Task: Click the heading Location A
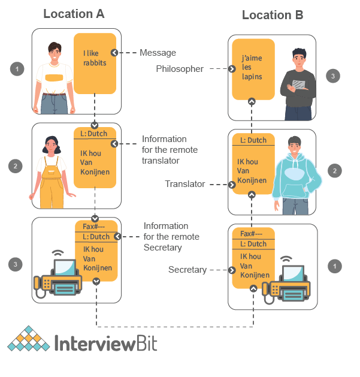tap(74, 13)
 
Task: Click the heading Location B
tap(273, 15)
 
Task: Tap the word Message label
tap(158, 53)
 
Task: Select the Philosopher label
tap(180, 69)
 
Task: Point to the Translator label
tap(185, 184)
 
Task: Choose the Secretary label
tap(187, 270)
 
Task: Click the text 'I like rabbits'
tap(95, 58)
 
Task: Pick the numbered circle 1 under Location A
tap(17, 70)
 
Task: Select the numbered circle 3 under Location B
tap(334, 76)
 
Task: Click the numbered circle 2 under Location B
tap(334, 171)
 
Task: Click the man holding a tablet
tap(299, 81)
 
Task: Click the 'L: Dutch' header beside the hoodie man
tap(253, 141)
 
